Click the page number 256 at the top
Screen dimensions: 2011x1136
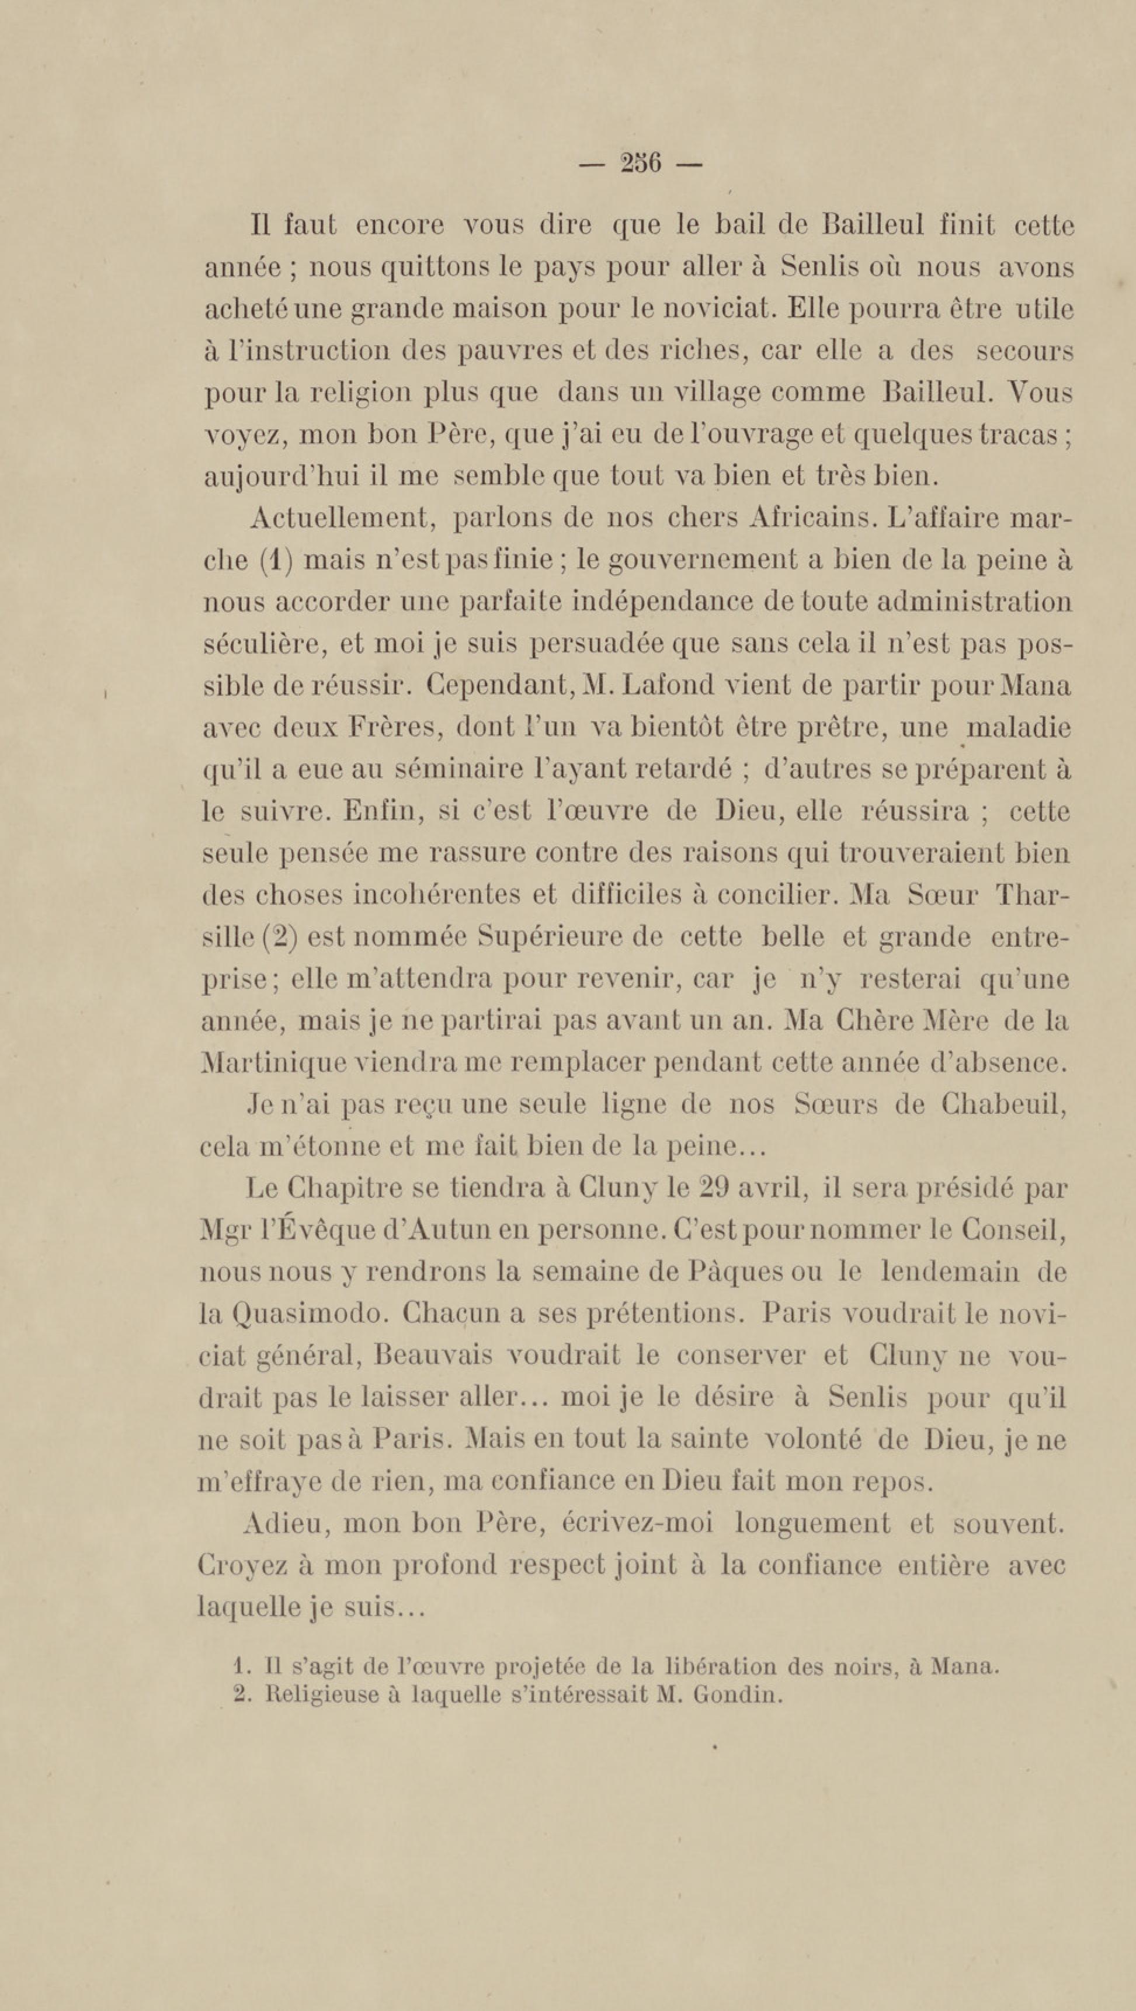(x=640, y=164)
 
